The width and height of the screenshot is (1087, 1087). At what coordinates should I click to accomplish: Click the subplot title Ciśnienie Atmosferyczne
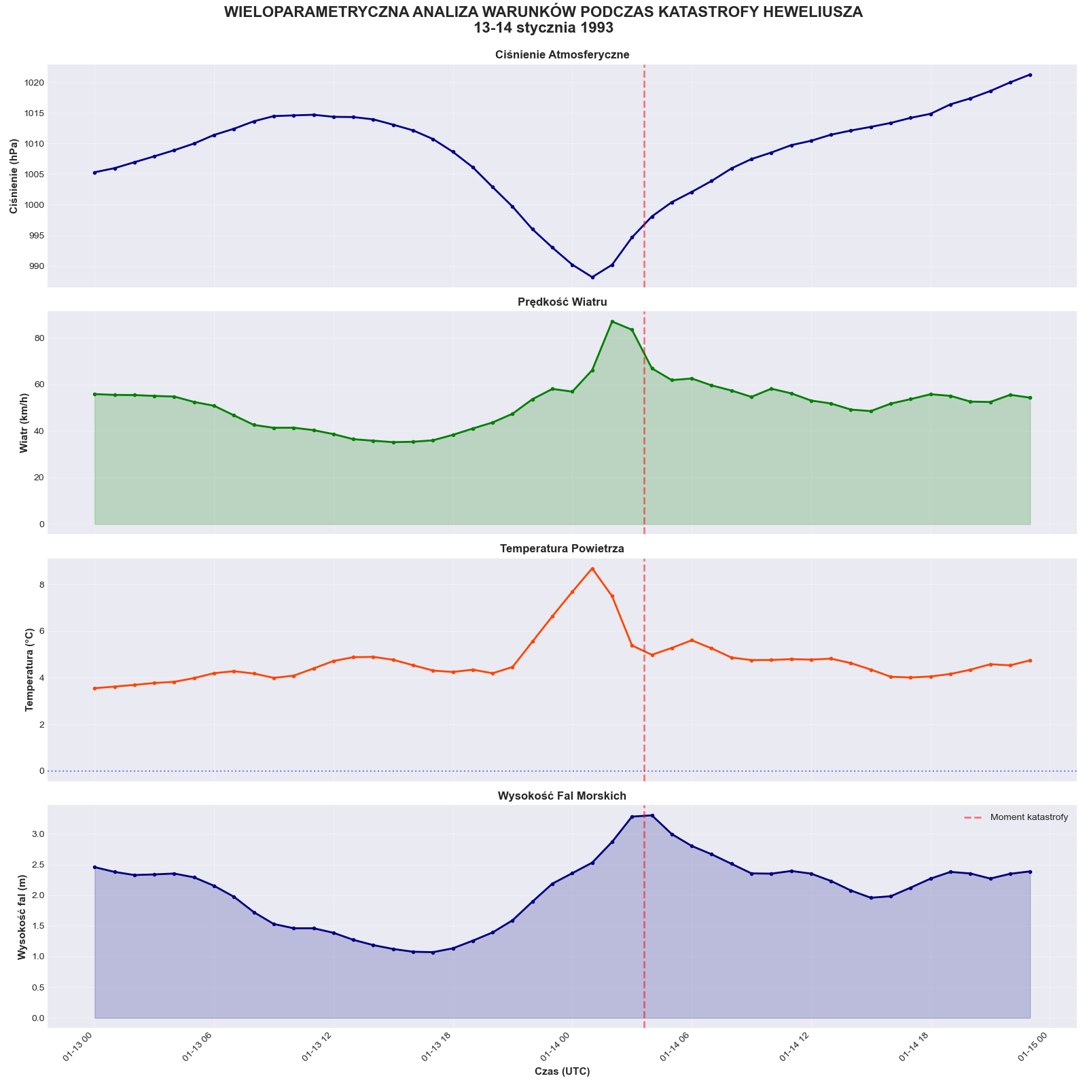click(562, 55)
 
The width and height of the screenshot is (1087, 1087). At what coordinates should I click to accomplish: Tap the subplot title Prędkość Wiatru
click(562, 302)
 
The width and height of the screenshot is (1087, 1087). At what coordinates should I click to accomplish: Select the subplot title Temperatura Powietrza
click(562, 548)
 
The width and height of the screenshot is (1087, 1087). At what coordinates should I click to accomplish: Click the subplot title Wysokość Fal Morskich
click(562, 796)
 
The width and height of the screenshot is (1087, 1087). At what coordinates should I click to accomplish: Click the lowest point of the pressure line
click(592, 277)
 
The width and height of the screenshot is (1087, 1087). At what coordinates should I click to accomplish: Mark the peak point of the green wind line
click(612, 321)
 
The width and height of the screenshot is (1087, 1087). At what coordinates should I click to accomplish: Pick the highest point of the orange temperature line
click(592, 569)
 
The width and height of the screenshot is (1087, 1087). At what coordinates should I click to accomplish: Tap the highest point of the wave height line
click(652, 815)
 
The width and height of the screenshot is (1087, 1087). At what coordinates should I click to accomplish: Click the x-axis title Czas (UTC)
click(562, 1071)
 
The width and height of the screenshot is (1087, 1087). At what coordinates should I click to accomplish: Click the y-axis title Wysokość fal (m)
click(21, 917)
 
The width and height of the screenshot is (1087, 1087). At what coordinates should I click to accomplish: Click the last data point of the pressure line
click(1031, 75)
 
